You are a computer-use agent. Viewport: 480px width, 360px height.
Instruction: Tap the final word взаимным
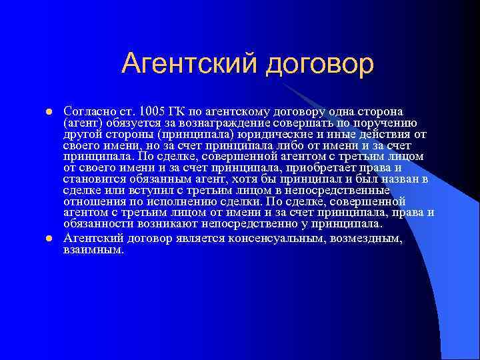tap(93, 250)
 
